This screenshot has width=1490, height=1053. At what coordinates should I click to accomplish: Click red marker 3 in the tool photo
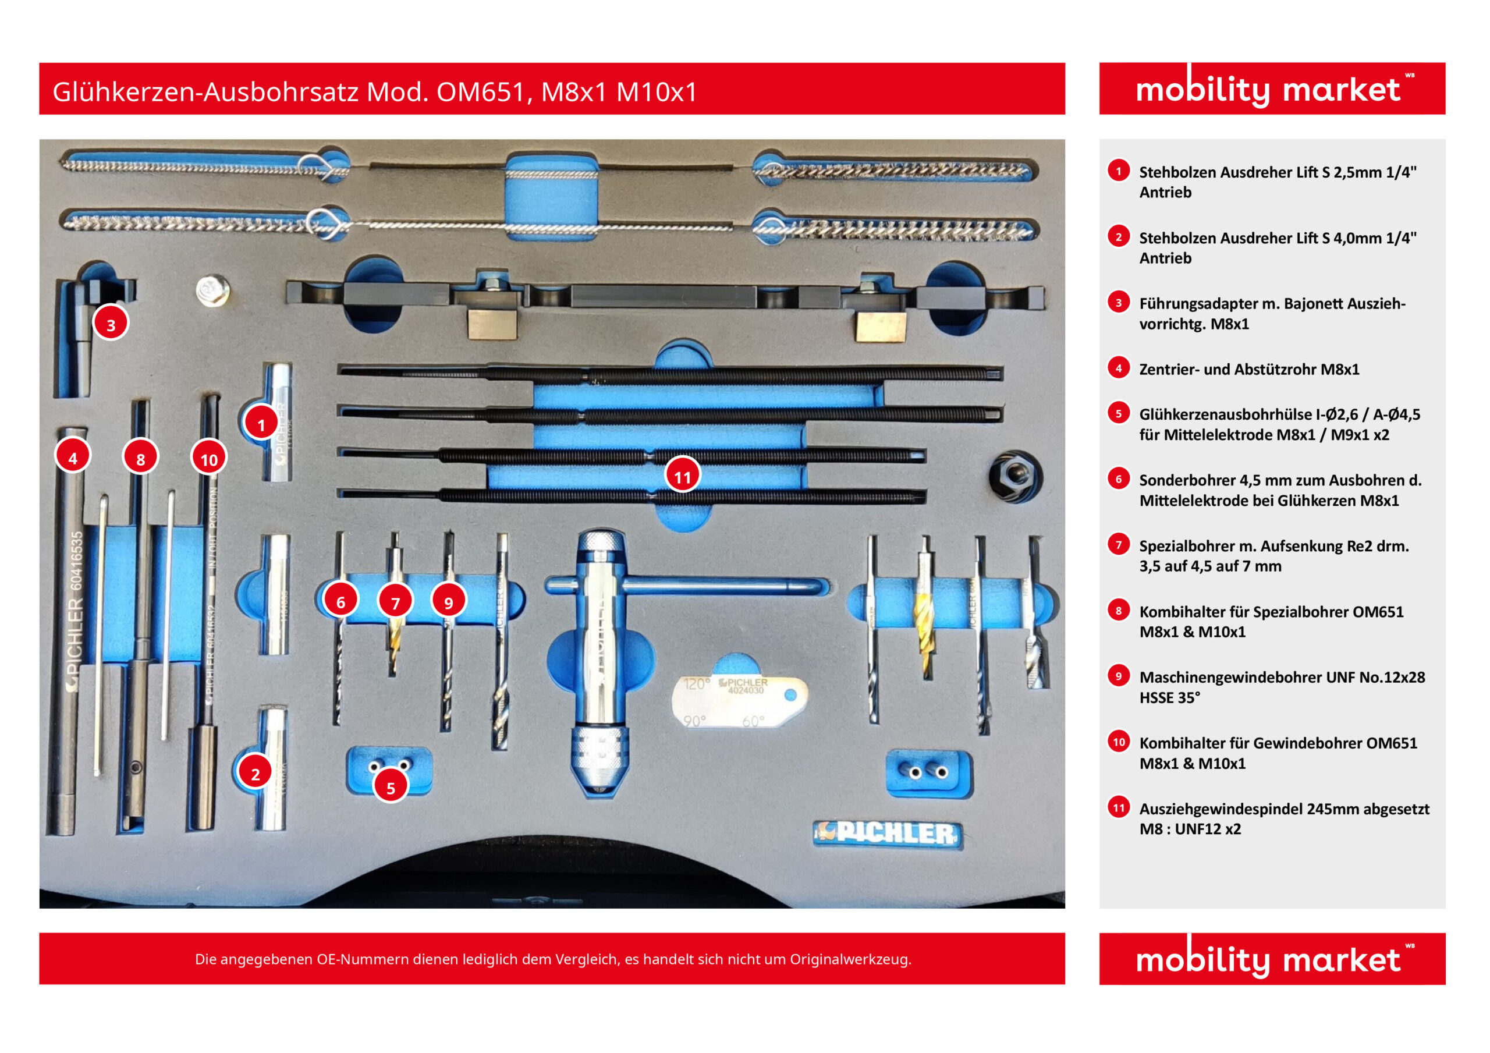click(x=111, y=324)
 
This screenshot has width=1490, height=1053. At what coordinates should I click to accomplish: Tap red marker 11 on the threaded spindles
click(x=682, y=477)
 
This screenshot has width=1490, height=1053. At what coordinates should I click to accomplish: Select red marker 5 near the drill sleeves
click(x=391, y=787)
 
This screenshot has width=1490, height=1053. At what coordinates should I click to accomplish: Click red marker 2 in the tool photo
click(x=255, y=772)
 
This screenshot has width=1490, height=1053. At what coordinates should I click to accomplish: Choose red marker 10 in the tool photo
click(x=208, y=459)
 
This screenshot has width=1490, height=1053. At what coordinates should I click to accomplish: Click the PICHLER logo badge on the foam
click(x=888, y=834)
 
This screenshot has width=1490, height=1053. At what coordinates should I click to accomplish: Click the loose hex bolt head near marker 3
click(x=213, y=291)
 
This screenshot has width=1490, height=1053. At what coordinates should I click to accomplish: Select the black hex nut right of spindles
click(x=1015, y=476)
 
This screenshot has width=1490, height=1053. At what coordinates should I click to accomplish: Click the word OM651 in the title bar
click(x=480, y=91)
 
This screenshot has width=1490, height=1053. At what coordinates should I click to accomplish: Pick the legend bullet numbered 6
click(x=1118, y=479)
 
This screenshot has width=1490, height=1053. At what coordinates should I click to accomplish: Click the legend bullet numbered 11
click(x=1119, y=807)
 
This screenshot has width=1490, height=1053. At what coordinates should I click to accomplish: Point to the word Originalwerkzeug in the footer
click(x=850, y=959)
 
